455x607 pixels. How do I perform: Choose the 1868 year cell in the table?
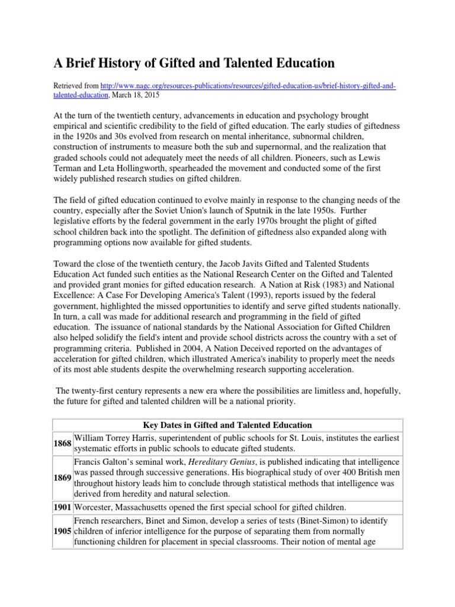63,443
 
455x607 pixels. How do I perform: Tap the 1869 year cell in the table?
63,478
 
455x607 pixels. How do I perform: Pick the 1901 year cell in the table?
63,507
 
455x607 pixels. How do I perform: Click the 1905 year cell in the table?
63,530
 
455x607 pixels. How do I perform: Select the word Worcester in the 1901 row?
95,507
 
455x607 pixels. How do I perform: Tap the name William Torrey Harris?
118,437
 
